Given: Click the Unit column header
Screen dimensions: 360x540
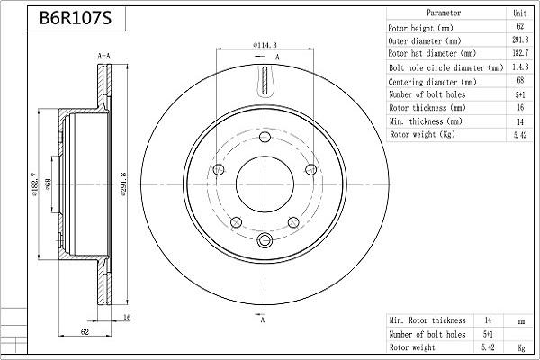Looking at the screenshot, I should point(518,14).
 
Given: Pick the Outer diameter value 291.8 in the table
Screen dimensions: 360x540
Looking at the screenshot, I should point(518,41).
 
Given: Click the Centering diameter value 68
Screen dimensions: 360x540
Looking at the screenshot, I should point(518,81).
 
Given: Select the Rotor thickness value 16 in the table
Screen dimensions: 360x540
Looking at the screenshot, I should point(518,108).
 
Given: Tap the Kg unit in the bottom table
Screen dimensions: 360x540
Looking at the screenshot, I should point(520,346).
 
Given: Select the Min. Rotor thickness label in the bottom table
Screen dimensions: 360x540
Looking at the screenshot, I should point(427,319).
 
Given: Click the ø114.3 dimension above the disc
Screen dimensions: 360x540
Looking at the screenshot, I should point(264,44).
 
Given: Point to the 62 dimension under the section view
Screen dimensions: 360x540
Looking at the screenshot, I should point(83,331).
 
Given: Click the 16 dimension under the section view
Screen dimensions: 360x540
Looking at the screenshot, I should point(128,318).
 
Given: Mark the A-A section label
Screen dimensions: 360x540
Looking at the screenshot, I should point(103,57).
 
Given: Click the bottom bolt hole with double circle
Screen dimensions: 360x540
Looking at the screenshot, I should point(265,241).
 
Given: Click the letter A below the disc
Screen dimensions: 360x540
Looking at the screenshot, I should point(262,320).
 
